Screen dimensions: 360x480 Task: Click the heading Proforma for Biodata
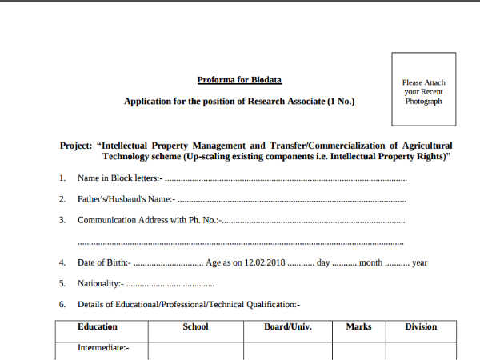point(239,80)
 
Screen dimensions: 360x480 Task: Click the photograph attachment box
point(423,89)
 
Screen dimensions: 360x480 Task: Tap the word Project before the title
point(77,146)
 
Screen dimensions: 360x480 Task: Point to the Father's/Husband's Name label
point(126,198)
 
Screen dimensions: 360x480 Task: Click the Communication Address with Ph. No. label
point(150,220)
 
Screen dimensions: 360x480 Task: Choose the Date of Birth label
point(103,262)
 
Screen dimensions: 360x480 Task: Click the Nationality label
point(100,283)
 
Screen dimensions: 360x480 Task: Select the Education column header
point(97,326)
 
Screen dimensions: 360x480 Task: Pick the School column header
point(195,326)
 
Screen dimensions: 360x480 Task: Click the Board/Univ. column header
point(287,326)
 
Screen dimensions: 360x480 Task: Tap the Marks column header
point(358,326)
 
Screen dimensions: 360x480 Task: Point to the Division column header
point(421,326)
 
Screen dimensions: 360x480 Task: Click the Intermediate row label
point(102,348)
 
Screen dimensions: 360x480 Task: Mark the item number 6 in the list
point(62,305)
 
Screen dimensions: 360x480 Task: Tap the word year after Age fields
point(419,262)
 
